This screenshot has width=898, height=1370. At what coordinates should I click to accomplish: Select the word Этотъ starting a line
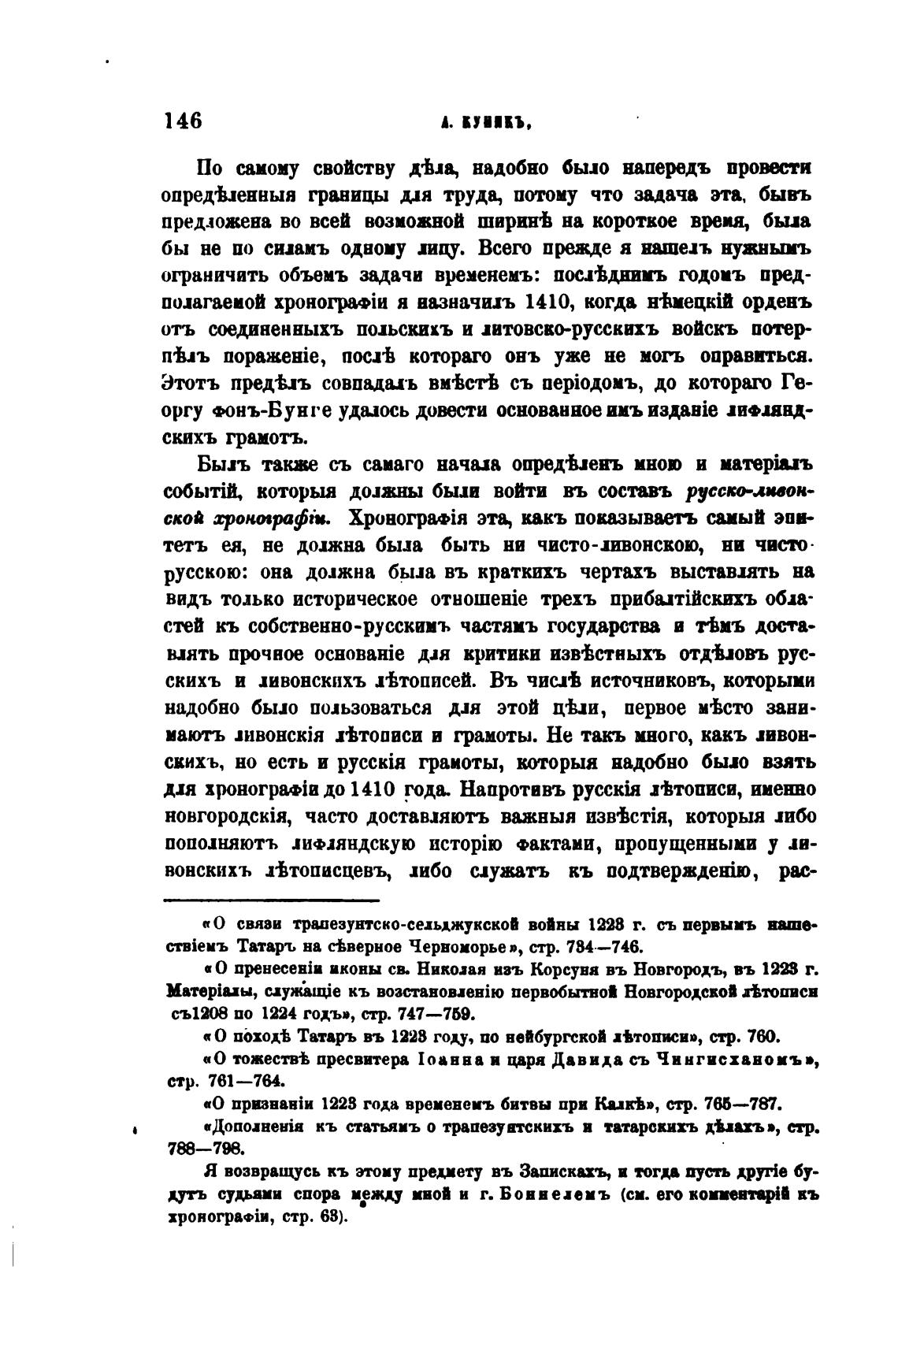point(192,384)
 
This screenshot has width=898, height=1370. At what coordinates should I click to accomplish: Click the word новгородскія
point(228,816)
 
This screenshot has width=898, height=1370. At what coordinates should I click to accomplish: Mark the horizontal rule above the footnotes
point(271,900)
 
